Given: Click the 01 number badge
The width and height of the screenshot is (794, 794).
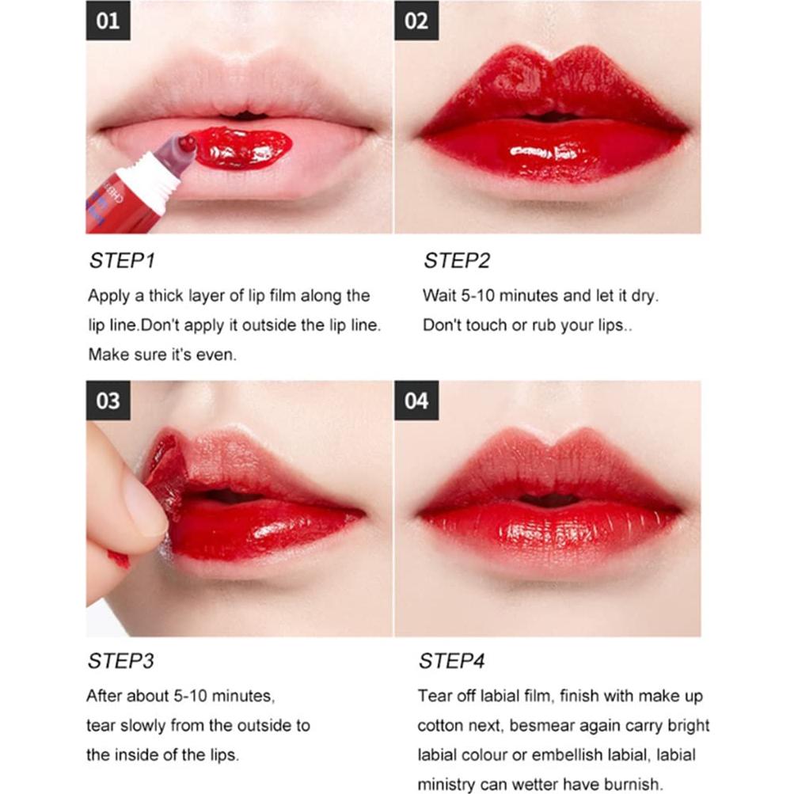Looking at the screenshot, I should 108,21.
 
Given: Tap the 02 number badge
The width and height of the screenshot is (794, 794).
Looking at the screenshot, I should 416,21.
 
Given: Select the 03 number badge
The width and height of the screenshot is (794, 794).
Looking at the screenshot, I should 108,401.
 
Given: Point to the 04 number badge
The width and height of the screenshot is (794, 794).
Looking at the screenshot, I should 416,401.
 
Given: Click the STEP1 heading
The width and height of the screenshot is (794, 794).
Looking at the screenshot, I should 121,261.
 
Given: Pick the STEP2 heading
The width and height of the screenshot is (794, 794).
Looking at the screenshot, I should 456,261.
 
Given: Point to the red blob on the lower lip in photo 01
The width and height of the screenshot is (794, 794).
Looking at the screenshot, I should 241,148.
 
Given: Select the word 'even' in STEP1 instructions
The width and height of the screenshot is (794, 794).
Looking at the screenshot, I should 217,355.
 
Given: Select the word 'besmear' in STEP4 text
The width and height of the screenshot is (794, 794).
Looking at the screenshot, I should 540,725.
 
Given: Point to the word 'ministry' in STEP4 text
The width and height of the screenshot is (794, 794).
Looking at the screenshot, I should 446,785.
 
